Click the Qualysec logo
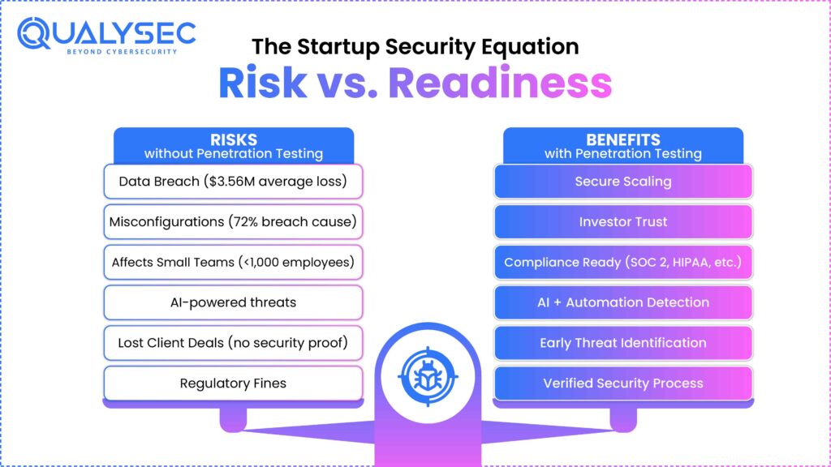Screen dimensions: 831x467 click(106, 36)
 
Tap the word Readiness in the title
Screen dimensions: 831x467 click(500, 83)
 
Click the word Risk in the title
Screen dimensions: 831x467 click(262, 83)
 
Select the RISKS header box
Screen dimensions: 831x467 click(234, 146)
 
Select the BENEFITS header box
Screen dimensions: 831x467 click(623, 146)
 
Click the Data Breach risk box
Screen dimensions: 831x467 click(233, 182)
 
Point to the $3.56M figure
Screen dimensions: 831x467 click(232, 182)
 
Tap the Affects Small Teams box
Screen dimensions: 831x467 click(233, 262)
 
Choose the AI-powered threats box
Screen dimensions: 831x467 click(233, 302)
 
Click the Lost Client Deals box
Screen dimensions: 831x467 click(233, 343)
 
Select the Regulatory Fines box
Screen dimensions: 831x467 click(233, 383)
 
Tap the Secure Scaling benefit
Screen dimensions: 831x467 click(623, 182)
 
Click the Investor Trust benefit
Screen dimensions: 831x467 click(623, 222)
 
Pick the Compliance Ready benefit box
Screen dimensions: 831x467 click(623, 262)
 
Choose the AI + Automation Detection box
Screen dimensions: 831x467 click(623, 302)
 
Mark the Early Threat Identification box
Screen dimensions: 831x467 click(623, 343)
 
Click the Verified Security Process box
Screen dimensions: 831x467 click(623, 383)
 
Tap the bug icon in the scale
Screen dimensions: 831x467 click(428, 377)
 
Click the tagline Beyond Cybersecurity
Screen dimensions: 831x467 click(122, 52)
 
